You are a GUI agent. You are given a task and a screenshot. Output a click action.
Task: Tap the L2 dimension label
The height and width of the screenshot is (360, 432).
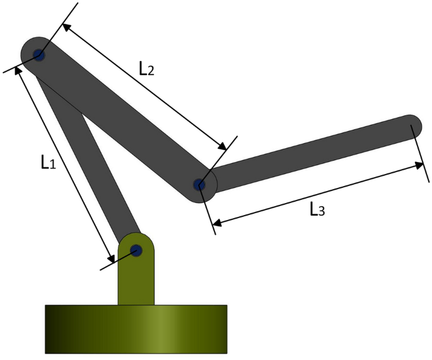[146, 69]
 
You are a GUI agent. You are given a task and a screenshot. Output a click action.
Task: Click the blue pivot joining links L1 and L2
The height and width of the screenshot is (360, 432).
[39, 55]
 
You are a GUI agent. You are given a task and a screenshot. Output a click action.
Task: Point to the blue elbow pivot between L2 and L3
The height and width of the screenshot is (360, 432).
[199, 185]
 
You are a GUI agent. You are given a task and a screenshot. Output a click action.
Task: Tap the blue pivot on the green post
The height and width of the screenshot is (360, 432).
[136, 250]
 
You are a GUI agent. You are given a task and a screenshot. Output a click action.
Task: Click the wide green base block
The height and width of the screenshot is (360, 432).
[136, 328]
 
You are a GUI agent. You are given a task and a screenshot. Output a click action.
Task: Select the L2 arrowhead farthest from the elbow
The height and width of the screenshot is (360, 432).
[65, 26]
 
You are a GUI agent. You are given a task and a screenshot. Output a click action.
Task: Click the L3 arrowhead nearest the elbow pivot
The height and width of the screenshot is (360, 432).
[216, 221]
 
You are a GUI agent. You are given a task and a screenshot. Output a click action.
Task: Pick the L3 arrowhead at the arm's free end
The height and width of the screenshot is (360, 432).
[420, 165]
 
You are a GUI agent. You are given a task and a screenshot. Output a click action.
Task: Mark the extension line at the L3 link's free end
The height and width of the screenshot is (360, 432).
[417, 145]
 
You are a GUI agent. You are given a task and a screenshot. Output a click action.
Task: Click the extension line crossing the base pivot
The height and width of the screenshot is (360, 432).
[120, 258]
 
